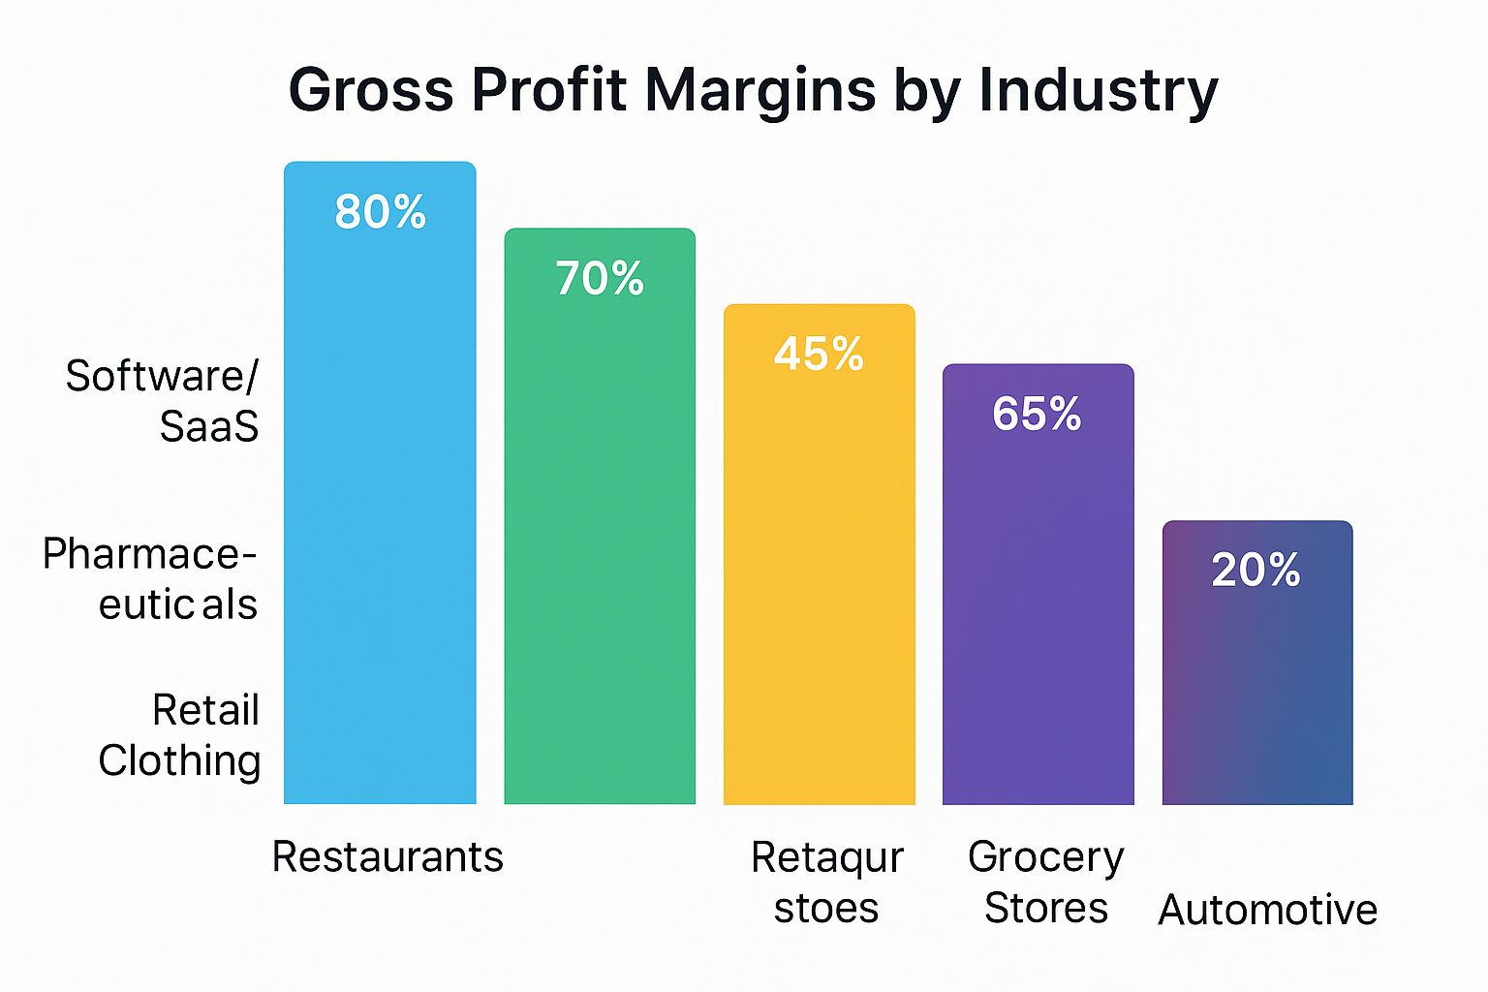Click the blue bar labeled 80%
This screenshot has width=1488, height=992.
[x=380, y=504]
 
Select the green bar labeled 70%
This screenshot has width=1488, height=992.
[x=600, y=542]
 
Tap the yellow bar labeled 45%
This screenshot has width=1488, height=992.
[x=820, y=581]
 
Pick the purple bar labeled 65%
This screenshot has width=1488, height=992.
[x=1038, y=610]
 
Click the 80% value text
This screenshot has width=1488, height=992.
[x=380, y=212]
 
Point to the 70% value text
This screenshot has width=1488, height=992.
[x=600, y=279]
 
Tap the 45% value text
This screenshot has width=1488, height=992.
[x=819, y=355]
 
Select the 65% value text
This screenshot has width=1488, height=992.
[x=1037, y=415]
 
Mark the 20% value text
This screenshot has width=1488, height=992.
[x=1255, y=571]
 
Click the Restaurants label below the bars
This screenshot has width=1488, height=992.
[x=387, y=857]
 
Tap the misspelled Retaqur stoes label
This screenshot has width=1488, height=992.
[x=826, y=883]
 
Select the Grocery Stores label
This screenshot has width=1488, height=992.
[x=1046, y=883]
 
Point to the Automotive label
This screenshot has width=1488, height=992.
[x=1267, y=911]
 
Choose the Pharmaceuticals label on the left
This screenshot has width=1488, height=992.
[x=150, y=579]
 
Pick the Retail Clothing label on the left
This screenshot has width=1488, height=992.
[x=180, y=736]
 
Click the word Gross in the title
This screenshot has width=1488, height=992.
[x=371, y=90]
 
